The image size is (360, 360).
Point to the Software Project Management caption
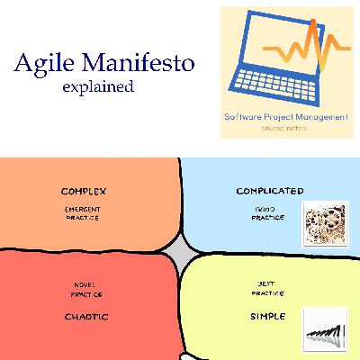tap(285, 117)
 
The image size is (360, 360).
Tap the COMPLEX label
tap(84, 192)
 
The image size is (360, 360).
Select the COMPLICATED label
tap(269, 191)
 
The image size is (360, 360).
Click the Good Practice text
tap(264, 213)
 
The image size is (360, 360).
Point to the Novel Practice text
tap(86, 290)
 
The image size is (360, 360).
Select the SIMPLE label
tap(267, 316)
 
